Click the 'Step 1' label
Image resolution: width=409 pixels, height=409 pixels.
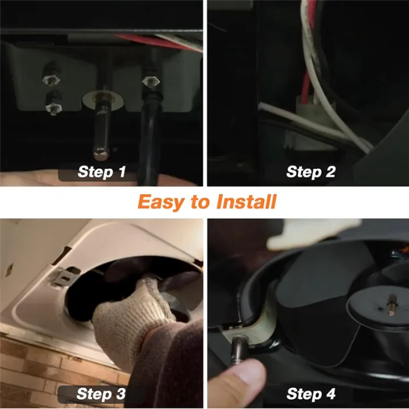pos(102,172)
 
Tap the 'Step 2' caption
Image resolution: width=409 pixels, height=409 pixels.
pos(311,172)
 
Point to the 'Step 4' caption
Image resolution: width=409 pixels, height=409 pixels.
pos(311,393)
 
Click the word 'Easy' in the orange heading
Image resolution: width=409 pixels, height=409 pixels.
pos(162,202)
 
